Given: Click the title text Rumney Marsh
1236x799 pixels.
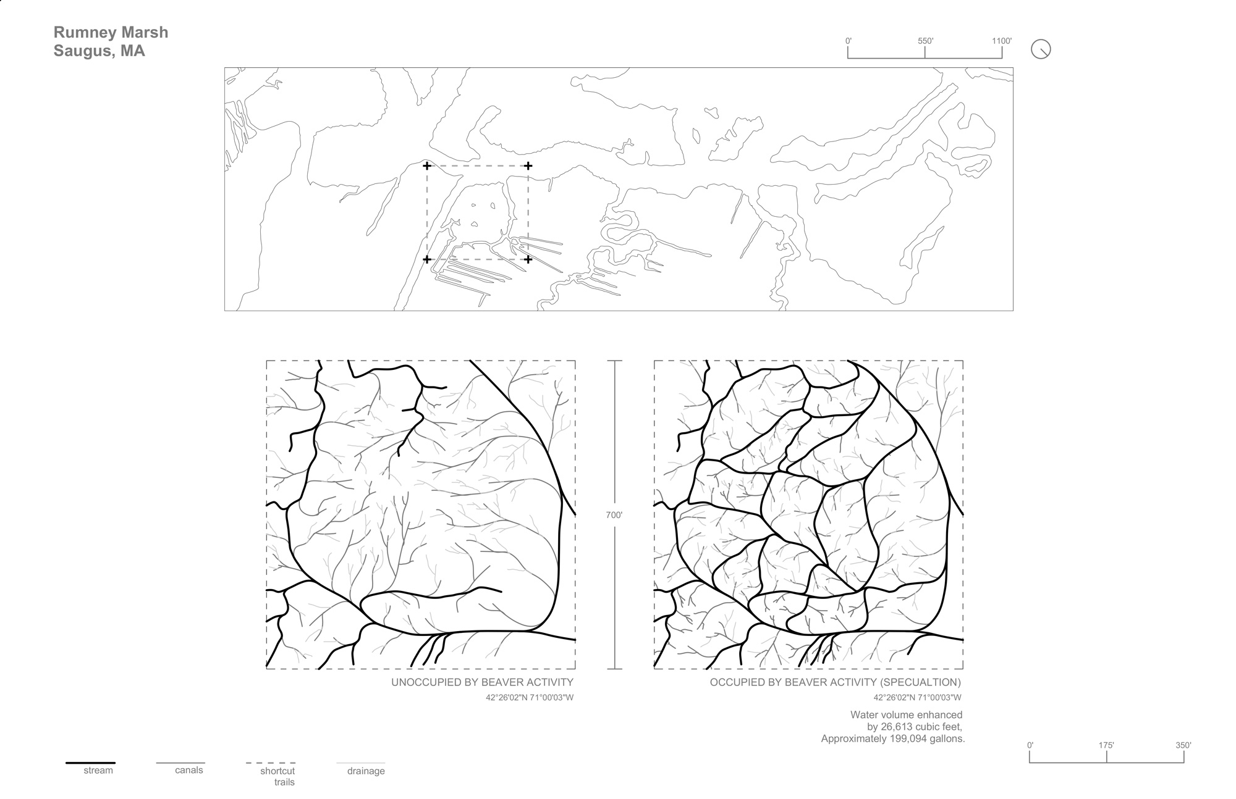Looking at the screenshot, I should [111, 32].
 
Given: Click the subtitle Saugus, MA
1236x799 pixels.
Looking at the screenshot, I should [99, 51].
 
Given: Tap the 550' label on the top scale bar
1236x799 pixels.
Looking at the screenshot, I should [925, 41].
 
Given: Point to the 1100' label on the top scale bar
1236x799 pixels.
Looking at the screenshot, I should [1002, 41].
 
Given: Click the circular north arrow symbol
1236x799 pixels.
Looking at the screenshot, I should [1041, 49].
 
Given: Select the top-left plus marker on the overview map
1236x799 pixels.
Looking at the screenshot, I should [426, 165].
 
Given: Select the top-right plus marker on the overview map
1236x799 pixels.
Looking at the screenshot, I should [528, 165].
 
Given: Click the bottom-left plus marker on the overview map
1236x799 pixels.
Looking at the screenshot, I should [426, 259].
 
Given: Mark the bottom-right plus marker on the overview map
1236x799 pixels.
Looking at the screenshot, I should [528, 259].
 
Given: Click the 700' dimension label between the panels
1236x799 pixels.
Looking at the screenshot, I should [614, 514].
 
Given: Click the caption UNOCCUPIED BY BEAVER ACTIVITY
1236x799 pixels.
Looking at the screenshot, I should [482, 682].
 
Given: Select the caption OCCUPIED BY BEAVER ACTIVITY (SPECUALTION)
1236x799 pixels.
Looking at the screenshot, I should [835, 682].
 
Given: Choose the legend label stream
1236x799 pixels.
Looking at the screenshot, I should [98, 771].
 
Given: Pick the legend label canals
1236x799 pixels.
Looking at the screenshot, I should [188, 771].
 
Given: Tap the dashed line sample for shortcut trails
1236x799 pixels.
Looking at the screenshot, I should [270, 763].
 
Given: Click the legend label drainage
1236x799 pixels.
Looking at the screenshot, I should [366, 771].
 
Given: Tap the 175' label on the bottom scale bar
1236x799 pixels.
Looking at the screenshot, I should [1106, 745].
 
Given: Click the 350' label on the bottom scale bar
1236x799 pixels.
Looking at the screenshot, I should [1183, 745].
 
